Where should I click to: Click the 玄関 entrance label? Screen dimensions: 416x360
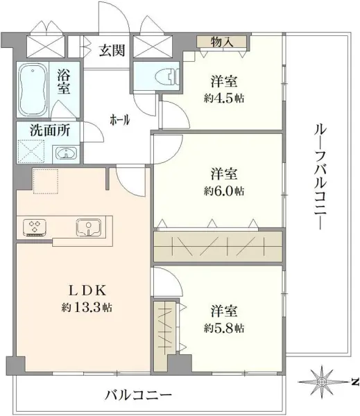click(111, 51)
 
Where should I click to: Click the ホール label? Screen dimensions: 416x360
click(119, 120)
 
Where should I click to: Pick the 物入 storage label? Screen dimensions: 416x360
click(222, 43)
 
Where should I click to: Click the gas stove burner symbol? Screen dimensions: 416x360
click(34, 227)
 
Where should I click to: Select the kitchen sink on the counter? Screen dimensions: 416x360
click(89, 227)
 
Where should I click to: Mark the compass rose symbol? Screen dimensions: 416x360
click(323, 381)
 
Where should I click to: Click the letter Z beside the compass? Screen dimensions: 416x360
click(353, 381)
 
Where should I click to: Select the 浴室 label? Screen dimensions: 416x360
click(64, 81)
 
